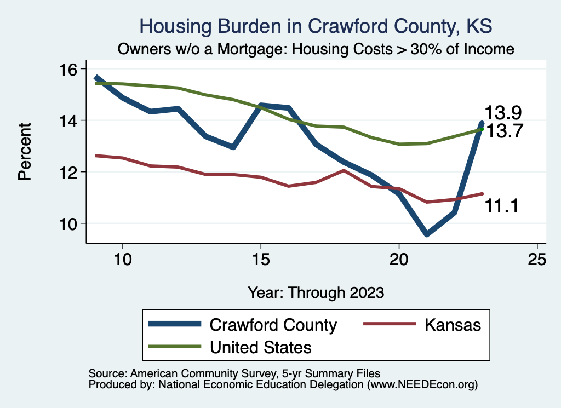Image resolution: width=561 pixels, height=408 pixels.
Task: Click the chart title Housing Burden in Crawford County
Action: tap(316, 26)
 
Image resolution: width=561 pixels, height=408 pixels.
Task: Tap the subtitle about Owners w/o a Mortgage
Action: tap(316, 49)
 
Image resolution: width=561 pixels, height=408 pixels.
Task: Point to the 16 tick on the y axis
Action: tap(71, 69)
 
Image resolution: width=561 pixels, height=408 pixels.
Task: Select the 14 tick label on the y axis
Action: tap(71, 120)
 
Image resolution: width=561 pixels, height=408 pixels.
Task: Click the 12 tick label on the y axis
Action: tap(71, 172)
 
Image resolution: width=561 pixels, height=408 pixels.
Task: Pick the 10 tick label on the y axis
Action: tap(71, 223)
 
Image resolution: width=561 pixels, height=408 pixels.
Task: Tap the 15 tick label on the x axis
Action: tap(260, 259)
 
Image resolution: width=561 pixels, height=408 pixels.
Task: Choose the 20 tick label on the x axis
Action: tap(399, 259)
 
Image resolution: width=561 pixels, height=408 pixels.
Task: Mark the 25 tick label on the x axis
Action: tap(537, 259)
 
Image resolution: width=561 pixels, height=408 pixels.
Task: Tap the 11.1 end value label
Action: tap(501, 206)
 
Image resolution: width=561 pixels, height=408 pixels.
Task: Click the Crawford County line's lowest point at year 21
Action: tap(426, 234)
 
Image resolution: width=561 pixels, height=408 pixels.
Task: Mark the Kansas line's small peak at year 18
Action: tap(344, 170)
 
